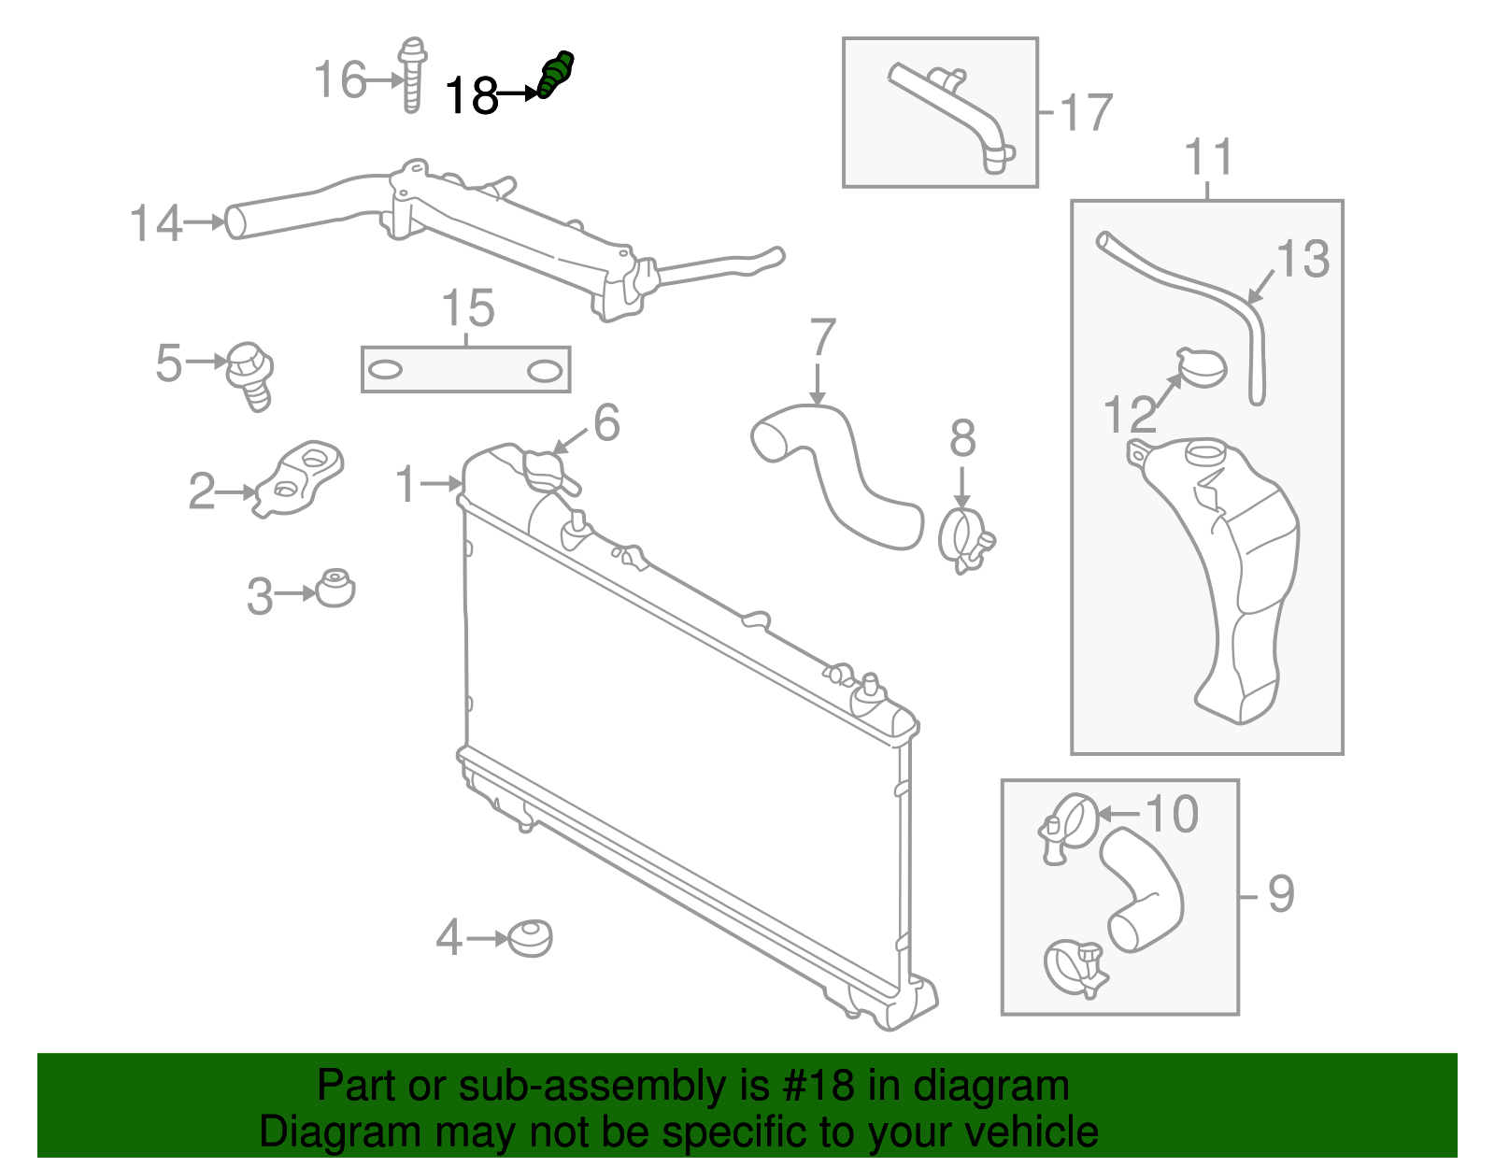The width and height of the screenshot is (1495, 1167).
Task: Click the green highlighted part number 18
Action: (x=556, y=75)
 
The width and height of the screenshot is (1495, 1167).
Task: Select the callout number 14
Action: (x=155, y=224)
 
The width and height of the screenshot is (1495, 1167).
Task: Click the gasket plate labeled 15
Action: (x=465, y=370)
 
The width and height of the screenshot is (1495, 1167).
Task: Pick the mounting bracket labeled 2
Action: (x=301, y=479)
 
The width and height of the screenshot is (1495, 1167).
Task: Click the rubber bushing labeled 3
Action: (x=335, y=589)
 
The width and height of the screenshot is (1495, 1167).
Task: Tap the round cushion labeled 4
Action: (x=530, y=938)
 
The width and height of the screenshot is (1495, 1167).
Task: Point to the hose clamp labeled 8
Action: (x=964, y=540)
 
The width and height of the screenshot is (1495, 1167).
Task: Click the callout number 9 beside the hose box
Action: (x=1280, y=894)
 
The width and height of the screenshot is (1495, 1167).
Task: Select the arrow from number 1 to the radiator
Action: (x=439, y=483)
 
